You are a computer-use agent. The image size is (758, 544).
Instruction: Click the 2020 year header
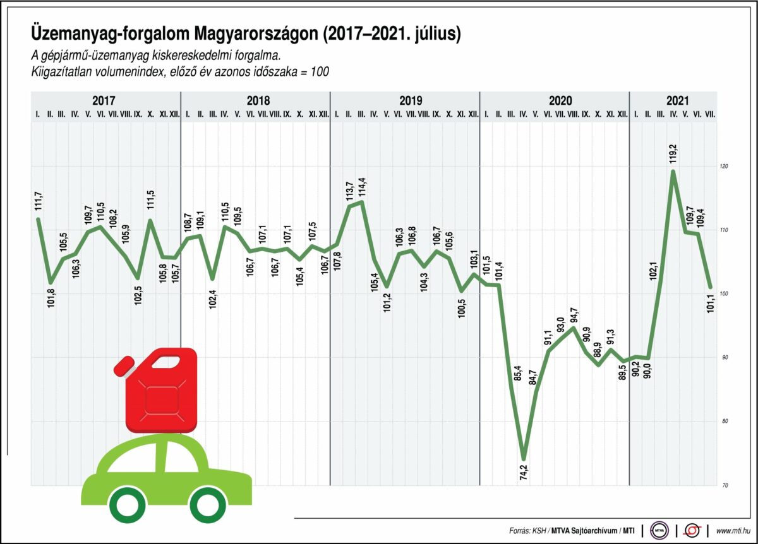click(x=560, y=101)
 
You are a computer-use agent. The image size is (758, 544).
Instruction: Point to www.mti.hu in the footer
click(x=733, y=531)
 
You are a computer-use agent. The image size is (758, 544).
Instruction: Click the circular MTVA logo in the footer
click(x=659, y=530)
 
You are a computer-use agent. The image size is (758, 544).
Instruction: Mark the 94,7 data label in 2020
click(x=574, y=314)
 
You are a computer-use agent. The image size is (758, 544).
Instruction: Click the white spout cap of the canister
click(x=124, y=364)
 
